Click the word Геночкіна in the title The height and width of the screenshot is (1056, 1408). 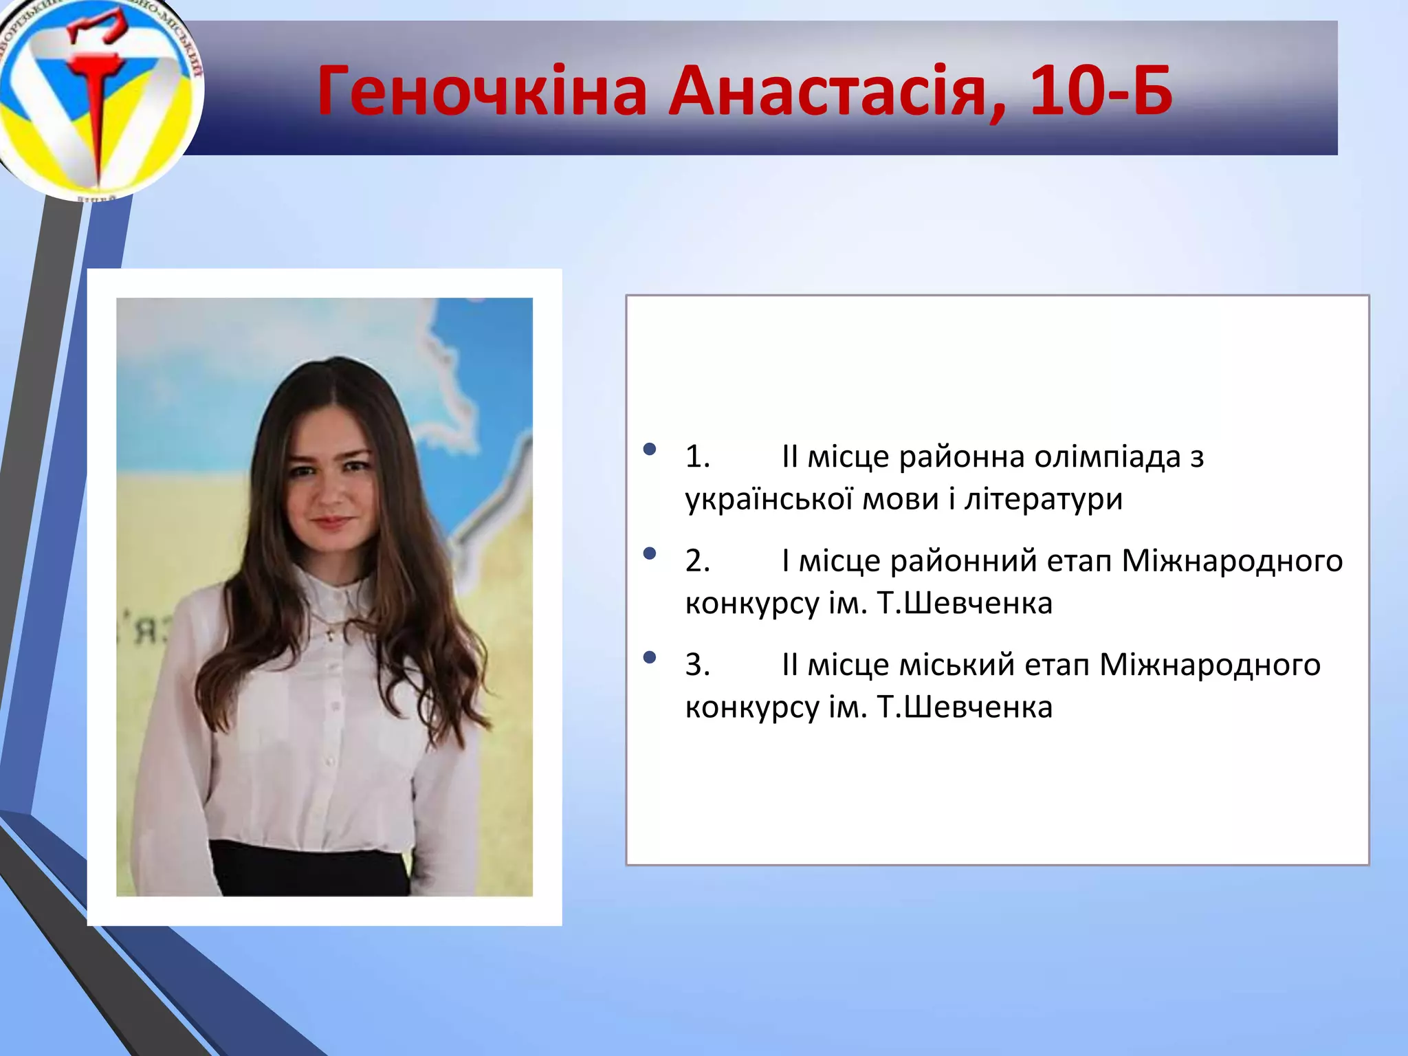481,91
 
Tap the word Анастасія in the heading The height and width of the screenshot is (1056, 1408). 837,91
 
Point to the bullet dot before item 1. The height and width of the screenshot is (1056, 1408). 650,450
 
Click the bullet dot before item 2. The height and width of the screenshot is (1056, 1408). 650,554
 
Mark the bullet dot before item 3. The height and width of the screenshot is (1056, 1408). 650,658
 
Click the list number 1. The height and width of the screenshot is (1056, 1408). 697,457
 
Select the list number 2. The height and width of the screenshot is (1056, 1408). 697,561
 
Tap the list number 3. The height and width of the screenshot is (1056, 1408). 697,665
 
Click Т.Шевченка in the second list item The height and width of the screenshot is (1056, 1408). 965,604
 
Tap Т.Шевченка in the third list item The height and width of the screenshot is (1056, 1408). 965,707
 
